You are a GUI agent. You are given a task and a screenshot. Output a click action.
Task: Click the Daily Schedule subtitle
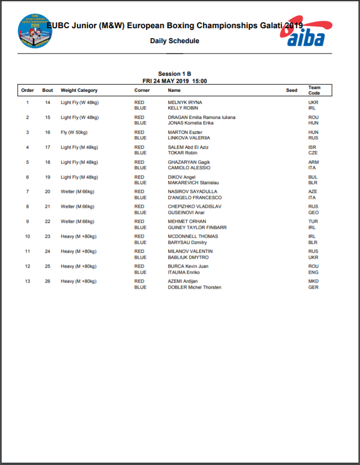click(x=174, y=41)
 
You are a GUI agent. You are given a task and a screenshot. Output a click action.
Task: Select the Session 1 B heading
click(x=174, y=74)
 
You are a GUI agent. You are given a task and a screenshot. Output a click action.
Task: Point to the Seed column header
click(x=291, y=90)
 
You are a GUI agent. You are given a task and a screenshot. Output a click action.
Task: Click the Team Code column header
click(x=314, y=90)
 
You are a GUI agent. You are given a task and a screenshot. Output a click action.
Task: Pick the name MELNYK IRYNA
click(x=185, y=102)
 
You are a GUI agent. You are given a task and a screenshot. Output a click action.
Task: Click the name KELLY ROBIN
click(x=183, y=108)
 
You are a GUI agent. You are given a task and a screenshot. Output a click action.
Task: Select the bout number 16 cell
click(x=48, y=132)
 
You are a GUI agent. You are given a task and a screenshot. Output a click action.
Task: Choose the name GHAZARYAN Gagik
click(x=189, y=162)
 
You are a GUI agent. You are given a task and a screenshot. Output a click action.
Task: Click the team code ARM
click(x=314, y=162)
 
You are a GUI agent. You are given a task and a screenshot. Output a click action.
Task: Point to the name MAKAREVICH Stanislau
click(x=194, y=182)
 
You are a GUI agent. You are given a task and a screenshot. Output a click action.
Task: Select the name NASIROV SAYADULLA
click(x=192, y=192)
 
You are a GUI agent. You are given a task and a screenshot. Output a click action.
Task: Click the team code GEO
click(x=314, y=212)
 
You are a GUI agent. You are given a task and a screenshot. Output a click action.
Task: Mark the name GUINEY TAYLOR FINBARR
click(x=197, y=227)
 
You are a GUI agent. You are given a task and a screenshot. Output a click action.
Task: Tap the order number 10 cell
click(x=28, y=237)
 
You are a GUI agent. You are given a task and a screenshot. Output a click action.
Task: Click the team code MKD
click(x=314, y=281)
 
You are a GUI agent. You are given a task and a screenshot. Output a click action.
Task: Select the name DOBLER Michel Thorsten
click(x=195, y=288)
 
